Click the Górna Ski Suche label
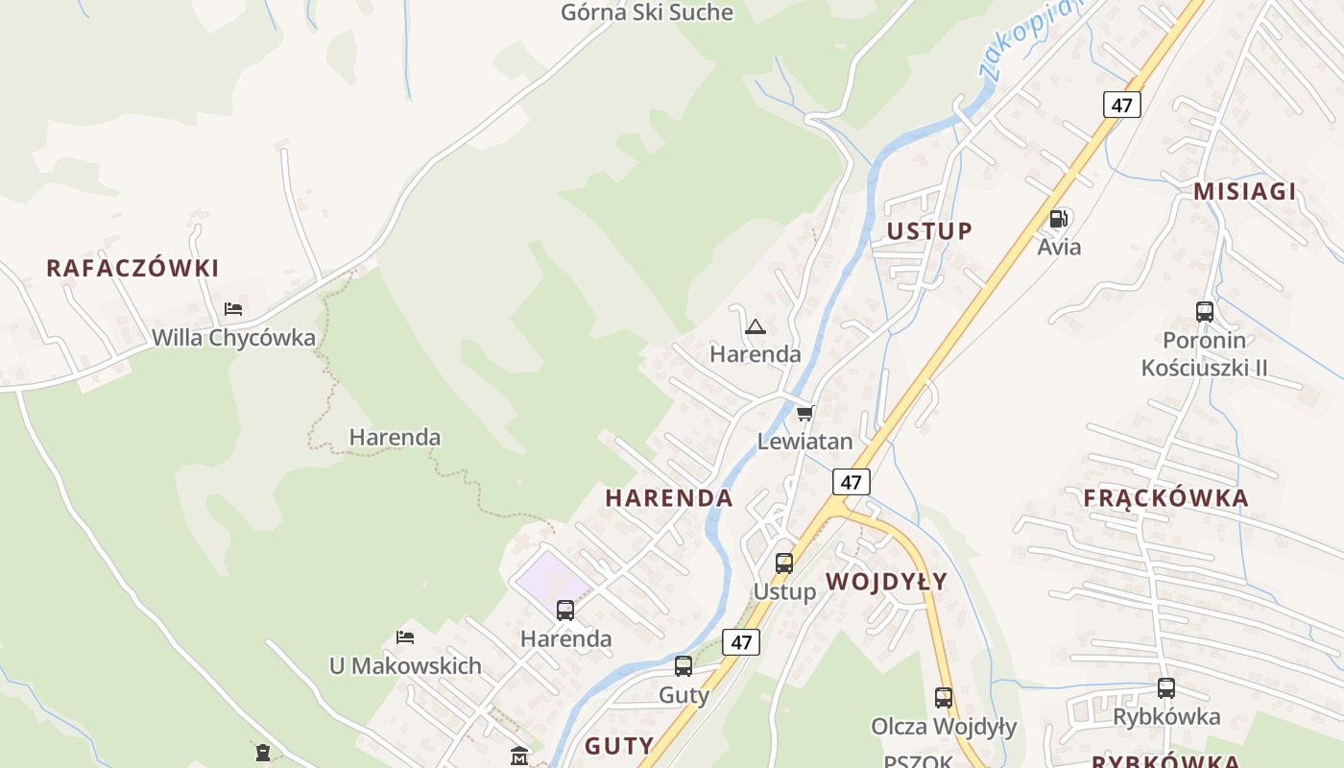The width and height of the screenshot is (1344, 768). click(x=646, y=12)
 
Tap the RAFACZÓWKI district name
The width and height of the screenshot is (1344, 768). click(x=132, y=268)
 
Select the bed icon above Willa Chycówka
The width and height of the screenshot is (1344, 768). click(x=233, y=309)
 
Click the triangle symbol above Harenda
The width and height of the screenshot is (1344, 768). click(x=756, y=326)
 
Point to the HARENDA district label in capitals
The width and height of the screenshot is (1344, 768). click(x=669, y=498)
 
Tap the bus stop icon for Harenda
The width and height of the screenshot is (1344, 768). click(x=565, y=610)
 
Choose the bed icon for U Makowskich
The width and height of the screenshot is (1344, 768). click(x=405, y=637)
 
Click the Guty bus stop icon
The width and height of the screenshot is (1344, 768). click(x=684, y=665)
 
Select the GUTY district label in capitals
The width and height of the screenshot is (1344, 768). click(x=619, y=746)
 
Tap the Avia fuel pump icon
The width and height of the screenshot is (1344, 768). click(x=1059, y=219)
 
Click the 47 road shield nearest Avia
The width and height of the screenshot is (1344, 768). click(x=1121, y=104)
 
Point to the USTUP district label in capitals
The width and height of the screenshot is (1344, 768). click(x=929, y=231)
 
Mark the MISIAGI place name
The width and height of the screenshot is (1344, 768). click(x=1244, y=191)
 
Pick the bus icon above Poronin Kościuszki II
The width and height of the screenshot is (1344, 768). click(x=1205, y=311)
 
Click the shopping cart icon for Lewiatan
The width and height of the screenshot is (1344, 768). click(x=804, y=413)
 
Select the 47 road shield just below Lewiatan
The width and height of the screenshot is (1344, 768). click(x=851, y=481)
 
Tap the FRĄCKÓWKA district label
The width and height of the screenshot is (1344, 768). click(x=1165, y=498)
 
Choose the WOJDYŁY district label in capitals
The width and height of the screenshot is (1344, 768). click(x=886, y=582)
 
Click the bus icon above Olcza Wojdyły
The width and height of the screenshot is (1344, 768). click(x=944, y=698)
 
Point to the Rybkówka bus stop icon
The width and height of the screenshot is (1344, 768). click(x=1165, y=687)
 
